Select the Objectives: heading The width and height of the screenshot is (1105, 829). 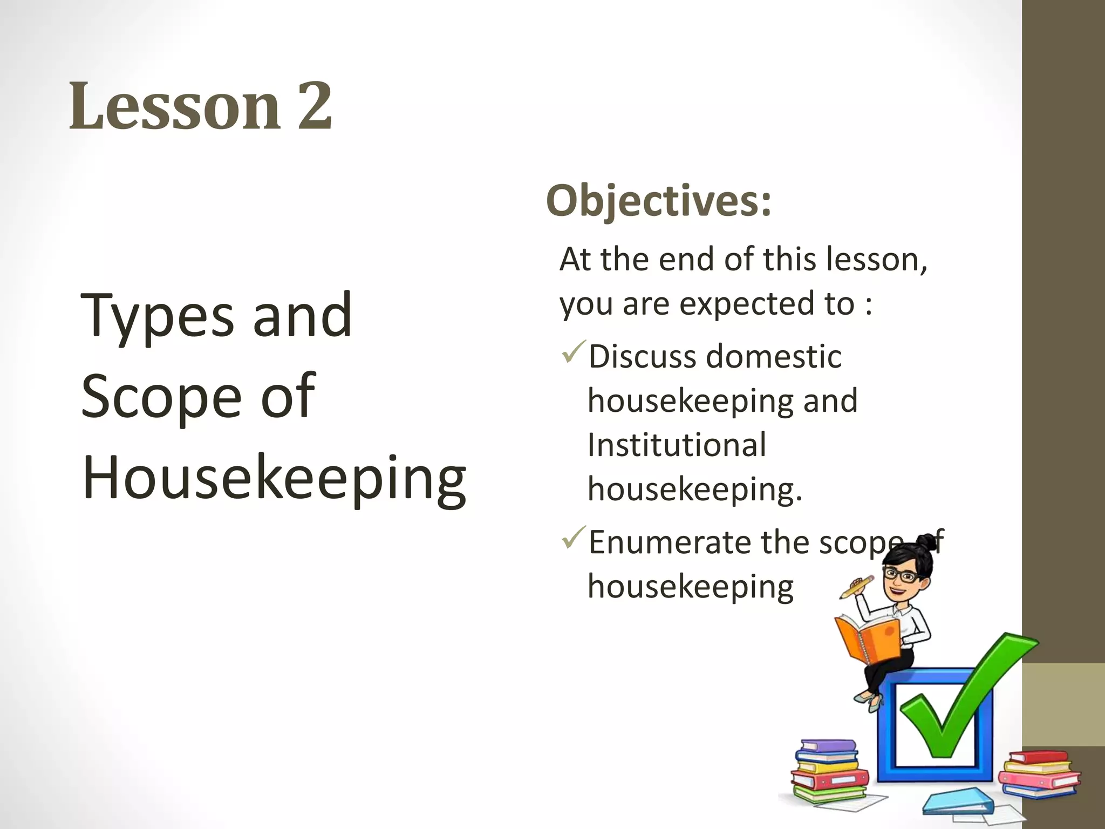point(659,201)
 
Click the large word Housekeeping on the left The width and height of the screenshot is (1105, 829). point(274,478)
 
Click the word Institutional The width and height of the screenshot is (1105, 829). point(677,445)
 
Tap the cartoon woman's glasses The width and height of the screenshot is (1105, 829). point(903,575)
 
